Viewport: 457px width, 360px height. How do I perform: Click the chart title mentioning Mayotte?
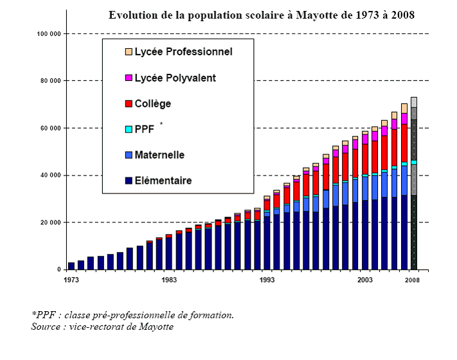tap(261, 15)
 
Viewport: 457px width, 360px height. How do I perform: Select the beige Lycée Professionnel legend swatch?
tap(129, 52)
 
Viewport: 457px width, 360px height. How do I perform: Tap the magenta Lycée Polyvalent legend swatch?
tap(129, 78)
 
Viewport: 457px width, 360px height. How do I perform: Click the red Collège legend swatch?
tap(129, 104)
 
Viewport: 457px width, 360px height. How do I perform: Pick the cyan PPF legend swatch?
tap(129, 129)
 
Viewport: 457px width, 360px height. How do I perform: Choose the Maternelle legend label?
tap(159, 155)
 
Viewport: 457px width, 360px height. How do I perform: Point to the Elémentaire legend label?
tap(163, 181)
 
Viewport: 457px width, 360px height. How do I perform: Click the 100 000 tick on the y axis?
tap(49, 33)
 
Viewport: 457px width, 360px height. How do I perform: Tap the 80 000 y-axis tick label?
tap(50, 81)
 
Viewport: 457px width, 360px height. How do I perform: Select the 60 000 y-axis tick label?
tap(50, 128)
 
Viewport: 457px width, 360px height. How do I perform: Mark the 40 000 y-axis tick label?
tap(50, 175)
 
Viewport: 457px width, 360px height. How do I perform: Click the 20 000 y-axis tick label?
tap(50, 222)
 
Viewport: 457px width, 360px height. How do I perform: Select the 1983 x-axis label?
tap(169, 279)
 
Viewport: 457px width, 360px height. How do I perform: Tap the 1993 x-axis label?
tap(267, 279)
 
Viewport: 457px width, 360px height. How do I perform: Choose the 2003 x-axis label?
tap(365, 279)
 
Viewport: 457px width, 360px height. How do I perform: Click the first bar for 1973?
tap(71, 265)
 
